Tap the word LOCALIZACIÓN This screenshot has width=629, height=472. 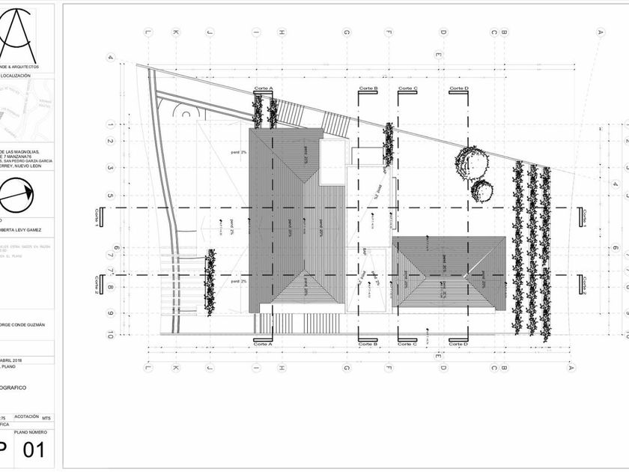[x=16, y=76]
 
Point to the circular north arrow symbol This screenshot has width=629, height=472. [x=16, y=196]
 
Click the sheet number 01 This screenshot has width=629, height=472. [x=34, y=451]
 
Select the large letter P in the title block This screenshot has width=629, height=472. [x=4, y=451]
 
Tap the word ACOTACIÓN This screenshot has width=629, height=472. [x=26, y=417]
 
